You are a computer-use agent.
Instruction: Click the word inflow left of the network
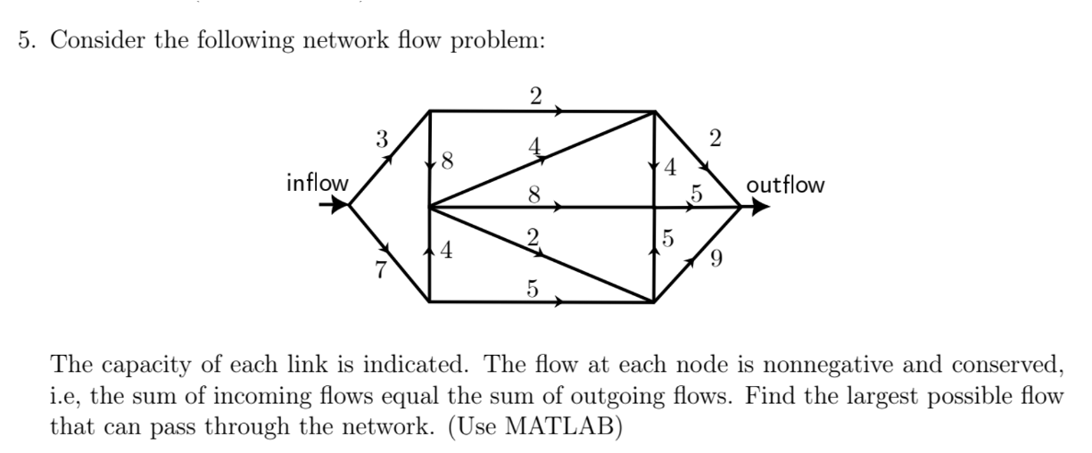[317, 184]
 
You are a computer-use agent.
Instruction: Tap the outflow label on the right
[785, 185]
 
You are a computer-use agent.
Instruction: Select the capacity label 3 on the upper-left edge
[382, 139]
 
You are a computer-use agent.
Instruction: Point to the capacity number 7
[381, 272]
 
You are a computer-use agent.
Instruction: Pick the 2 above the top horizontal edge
[535, 97]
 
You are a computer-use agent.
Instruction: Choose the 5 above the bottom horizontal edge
[533, 288]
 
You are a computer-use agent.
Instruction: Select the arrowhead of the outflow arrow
[759, 207]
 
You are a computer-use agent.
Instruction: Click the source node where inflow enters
[350, 205]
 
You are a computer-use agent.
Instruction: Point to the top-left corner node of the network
[430, 111]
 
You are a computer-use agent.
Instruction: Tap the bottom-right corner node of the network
[654, 302]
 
